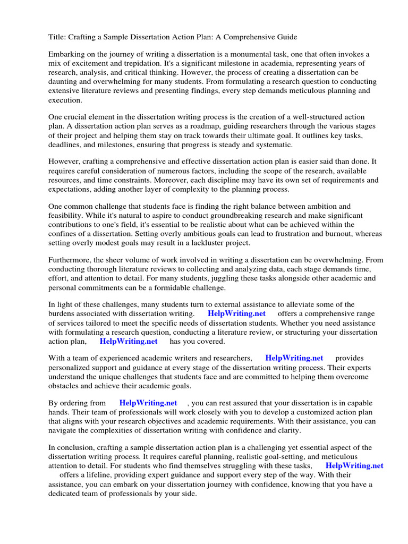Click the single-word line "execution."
(65, 99)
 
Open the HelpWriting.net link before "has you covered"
(129, 341)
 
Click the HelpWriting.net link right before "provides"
(294, 359)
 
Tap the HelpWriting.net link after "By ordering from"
(148, 403)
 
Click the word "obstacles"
(64, 386)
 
